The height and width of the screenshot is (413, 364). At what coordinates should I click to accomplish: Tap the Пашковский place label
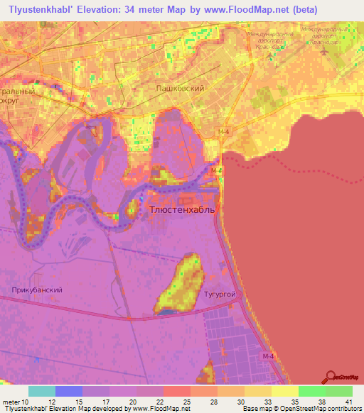[180, 88]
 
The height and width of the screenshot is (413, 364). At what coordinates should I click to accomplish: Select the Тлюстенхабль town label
[181, 210]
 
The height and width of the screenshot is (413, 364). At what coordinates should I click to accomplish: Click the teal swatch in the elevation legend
[42, 391]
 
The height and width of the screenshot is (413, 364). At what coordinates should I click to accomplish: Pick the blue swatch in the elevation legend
[69, 391]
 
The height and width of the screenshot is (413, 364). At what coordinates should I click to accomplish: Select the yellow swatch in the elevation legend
[285, 391]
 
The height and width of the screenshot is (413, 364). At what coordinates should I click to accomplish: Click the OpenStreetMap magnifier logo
[330, 378]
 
